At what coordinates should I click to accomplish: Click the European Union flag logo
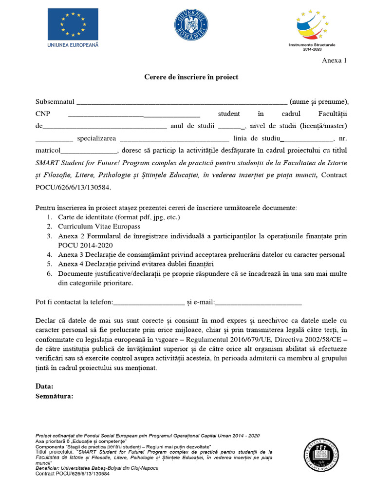[73, 24]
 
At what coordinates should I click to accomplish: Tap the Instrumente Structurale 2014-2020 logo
[312, 28]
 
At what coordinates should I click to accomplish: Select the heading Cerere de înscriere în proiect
[191, 77]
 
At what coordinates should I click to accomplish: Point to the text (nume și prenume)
[319, 102]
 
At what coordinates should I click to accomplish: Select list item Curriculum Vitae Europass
[99, 227]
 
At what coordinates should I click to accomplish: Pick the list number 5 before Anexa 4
[49, 264]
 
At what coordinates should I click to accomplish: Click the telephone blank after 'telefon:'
[149, 303]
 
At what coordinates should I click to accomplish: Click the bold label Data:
[44, 386]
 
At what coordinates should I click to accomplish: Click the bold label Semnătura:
[55, 396]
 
